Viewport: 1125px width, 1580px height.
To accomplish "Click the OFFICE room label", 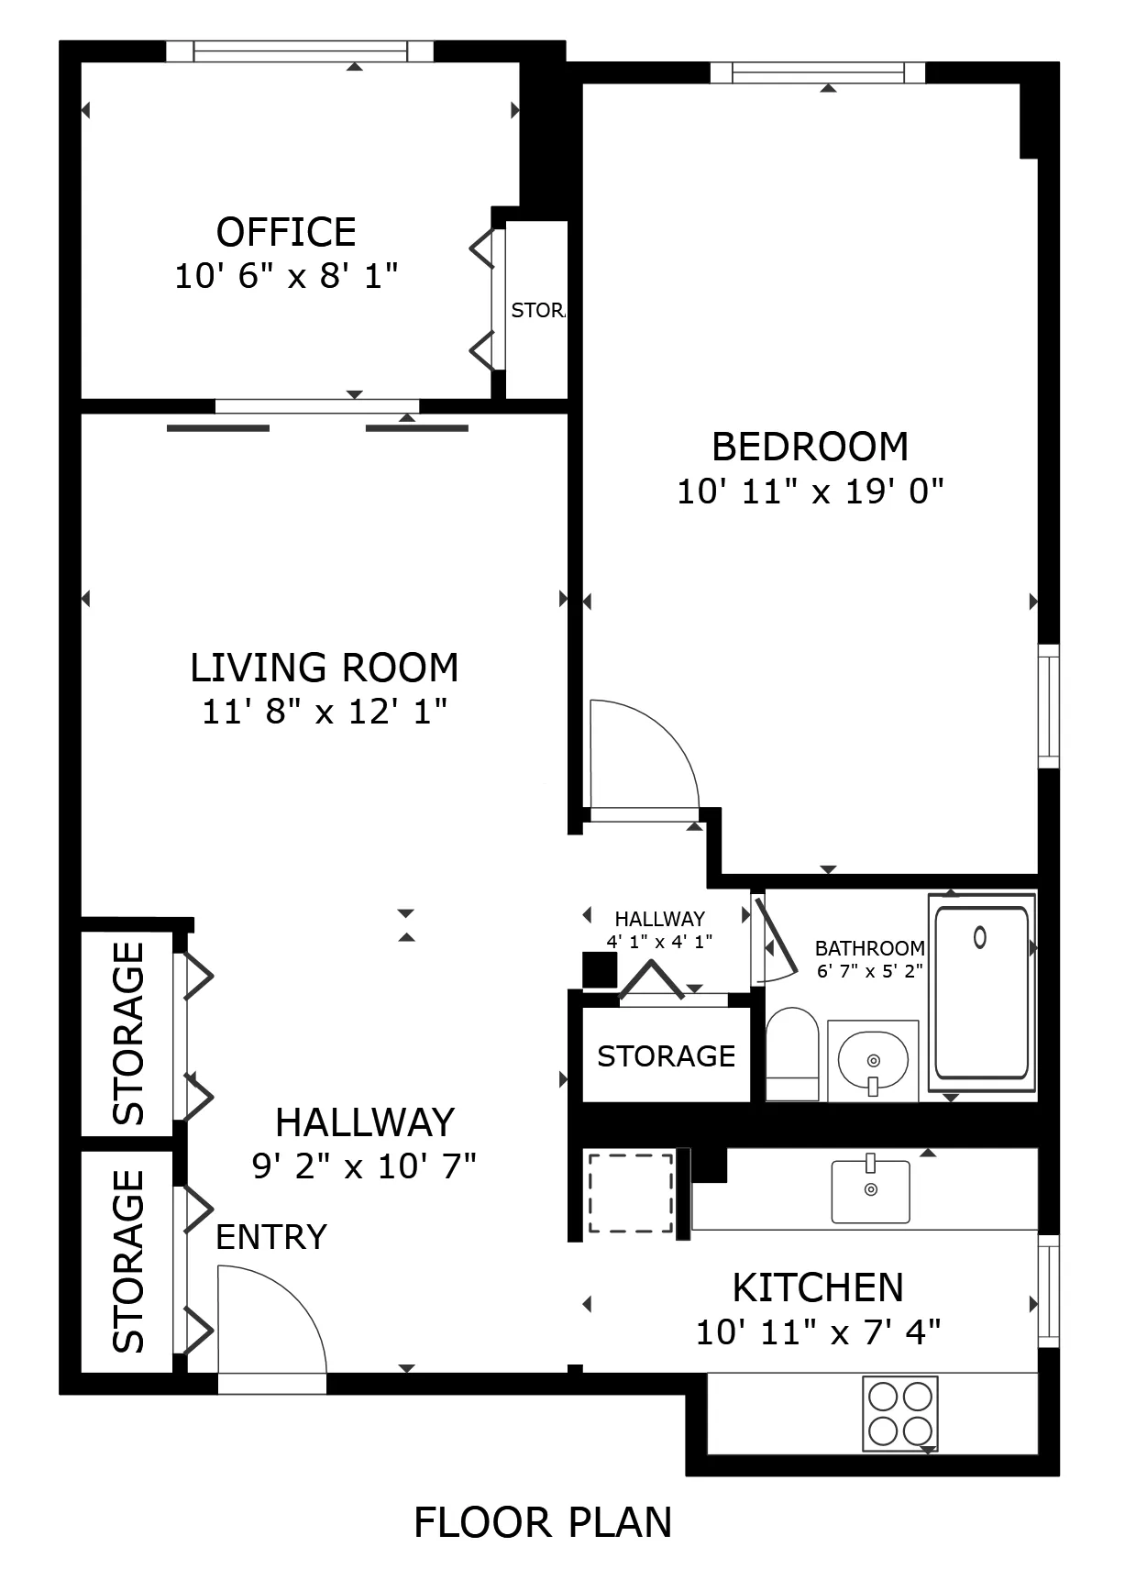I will click(286, 233).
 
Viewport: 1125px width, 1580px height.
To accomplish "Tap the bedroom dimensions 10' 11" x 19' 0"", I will click(810, 492).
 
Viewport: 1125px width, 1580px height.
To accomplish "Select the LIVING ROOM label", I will click(324, 668).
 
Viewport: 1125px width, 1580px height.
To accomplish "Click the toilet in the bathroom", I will click(791, 1053).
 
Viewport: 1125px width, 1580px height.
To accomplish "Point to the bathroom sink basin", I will click(872, 1059).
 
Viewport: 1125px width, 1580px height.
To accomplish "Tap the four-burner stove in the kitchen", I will click(899, 1413).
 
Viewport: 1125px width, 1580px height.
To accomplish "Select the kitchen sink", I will click(870, 1190).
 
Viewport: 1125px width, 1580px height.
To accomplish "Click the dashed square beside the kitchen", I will click(630, 1193).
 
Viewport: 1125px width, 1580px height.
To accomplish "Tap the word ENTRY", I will click(271, 1237).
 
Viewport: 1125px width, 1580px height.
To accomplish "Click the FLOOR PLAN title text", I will click(543, 1522).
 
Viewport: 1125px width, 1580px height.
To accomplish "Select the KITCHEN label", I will click(818, 1287).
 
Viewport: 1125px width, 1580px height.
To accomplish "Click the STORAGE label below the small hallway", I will click(666, 1056).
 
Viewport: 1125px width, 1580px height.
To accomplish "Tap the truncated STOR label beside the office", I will click(538, 310).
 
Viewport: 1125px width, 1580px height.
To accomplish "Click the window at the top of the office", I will click(300, 51).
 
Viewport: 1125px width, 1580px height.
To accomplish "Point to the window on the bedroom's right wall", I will click(1047, 705).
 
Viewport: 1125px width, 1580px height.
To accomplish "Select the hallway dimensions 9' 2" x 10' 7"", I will click(364, 1166).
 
